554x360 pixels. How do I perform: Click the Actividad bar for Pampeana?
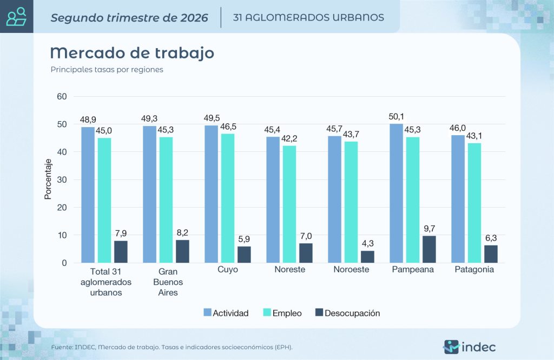click(x=396, y=193)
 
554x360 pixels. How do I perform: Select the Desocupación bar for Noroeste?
click(x=367, y=257)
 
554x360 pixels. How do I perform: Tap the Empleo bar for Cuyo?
click(x=228, y=198)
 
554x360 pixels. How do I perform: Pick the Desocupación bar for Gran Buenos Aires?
click(x=183, y=251)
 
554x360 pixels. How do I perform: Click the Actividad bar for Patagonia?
click(x=458, y=199)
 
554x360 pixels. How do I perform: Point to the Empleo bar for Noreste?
click(x=289, y=204)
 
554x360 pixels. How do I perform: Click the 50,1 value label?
click(x=396, y=116)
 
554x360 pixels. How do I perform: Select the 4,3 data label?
click(x=368, y=243)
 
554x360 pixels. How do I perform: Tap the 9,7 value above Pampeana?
click(x=429, y=228)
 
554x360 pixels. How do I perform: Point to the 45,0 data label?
click(x=104, y=131)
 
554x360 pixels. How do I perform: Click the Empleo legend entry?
click(x=282, y=313)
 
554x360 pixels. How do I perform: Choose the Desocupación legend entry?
click(x=348, y=313)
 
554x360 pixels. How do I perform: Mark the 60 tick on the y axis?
click(x=62, y=96)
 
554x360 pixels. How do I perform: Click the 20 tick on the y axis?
click(x=62, y=208)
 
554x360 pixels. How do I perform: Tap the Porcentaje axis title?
click(x=48, y=179)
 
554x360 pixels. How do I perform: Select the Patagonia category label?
click(x=474, y=269)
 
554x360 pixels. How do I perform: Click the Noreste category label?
click(x=290, y=269)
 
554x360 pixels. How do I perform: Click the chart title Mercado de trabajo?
click(x=132, y=53)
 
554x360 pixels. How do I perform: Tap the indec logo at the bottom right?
click(x=470, y=347)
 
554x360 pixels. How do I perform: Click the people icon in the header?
click(x=17, y=17)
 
